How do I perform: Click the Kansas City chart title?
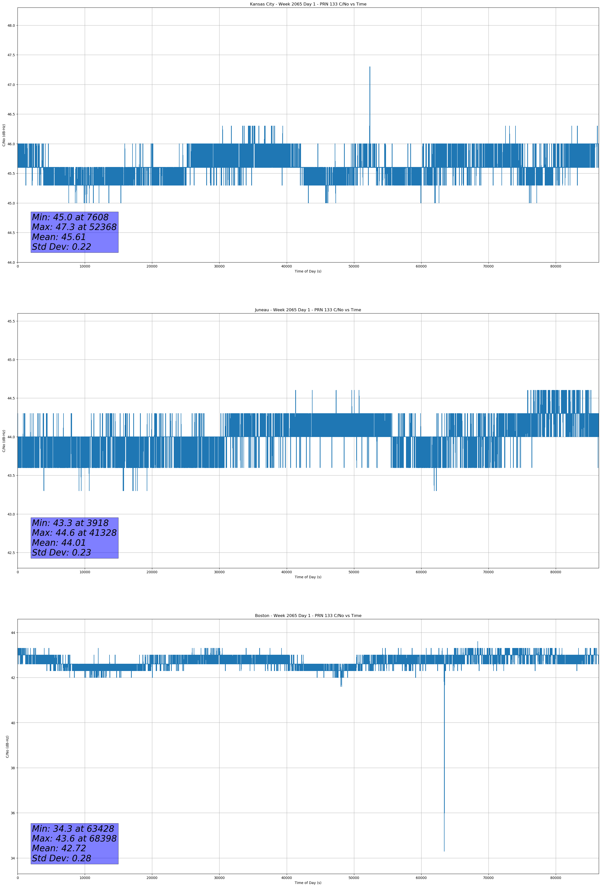tap(308, 4)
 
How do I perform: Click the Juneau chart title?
tap(308, 310)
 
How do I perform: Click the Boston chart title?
tap(308, 616)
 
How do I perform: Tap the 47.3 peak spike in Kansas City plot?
tap(369, 67)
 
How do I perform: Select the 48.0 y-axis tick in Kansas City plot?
tap(11, 25)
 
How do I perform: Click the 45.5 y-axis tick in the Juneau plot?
tap(11, 321)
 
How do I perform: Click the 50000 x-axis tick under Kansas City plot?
tap(353, 266)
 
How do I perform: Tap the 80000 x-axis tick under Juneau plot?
tap(555, 572)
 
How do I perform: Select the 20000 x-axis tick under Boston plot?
tap(152, 878)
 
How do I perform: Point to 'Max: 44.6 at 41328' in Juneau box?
tap(74, 533)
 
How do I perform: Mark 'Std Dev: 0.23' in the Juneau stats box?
tap(61, 553)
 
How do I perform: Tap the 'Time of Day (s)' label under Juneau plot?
tap(308, 577)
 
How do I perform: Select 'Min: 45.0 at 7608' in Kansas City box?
tap(70, 217)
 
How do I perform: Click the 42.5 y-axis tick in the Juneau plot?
tap(11, 553)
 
